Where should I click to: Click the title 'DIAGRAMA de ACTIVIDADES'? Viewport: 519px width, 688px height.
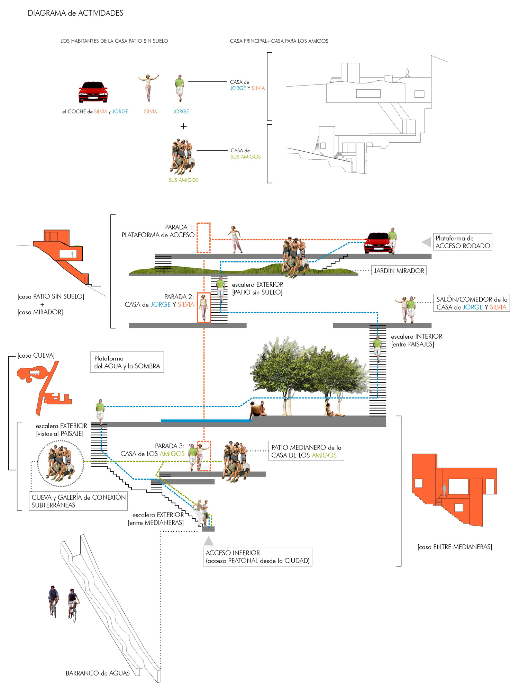(75, 13)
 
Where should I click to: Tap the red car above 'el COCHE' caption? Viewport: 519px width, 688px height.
(93, 92)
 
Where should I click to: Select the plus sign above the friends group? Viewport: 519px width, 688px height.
(183, 126)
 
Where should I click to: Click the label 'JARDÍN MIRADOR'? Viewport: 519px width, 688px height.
(399, 271)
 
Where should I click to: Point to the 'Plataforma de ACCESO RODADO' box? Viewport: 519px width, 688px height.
(463, 242)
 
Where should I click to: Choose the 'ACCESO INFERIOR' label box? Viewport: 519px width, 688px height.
(257, 557)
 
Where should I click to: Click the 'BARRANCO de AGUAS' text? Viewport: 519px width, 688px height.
(98, 673)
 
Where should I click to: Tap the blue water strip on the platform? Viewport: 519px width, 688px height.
(206, 421)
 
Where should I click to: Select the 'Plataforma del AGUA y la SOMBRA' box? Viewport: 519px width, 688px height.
(127, 362)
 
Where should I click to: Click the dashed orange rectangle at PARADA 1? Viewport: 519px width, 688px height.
(203, 238)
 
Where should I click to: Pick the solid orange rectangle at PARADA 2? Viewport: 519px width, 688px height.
(204, 307)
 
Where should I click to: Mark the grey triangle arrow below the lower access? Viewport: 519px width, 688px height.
(208, 541)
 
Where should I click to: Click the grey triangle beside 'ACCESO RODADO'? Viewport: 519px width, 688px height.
(426, 242)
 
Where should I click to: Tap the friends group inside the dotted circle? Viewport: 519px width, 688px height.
(61, 464)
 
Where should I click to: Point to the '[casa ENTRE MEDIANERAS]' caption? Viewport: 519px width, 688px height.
(455, 547)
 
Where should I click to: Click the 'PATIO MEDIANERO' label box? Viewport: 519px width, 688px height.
(306, 451)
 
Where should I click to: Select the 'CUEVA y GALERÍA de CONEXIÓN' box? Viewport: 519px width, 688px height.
(78, 501)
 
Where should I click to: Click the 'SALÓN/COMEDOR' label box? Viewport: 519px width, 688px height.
(472, 303)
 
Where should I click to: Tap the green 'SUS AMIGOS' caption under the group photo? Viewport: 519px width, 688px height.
(183, 180)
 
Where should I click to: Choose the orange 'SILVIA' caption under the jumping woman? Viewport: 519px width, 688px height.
(151, 111)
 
